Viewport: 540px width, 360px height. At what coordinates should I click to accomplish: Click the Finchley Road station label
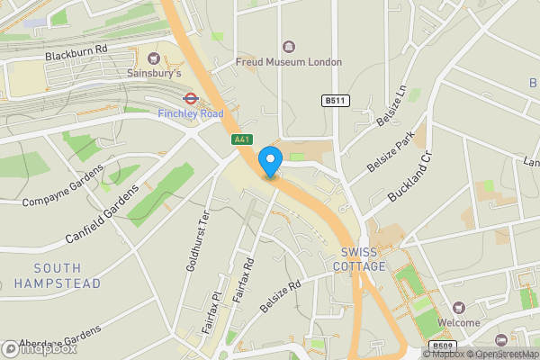point(190,114)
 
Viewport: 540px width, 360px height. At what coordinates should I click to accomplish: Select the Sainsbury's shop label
point(154,72)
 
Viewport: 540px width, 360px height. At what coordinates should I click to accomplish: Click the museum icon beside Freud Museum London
point(289,47)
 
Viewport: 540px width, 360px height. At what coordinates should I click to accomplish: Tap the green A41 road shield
point(241,139)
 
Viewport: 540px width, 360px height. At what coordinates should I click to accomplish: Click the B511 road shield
point(335,101)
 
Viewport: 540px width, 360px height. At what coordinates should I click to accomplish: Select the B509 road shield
point(441,346)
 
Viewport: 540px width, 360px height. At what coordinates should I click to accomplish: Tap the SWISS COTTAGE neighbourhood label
point(360,260)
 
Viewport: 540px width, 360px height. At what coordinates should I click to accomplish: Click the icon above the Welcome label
point(459,307)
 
